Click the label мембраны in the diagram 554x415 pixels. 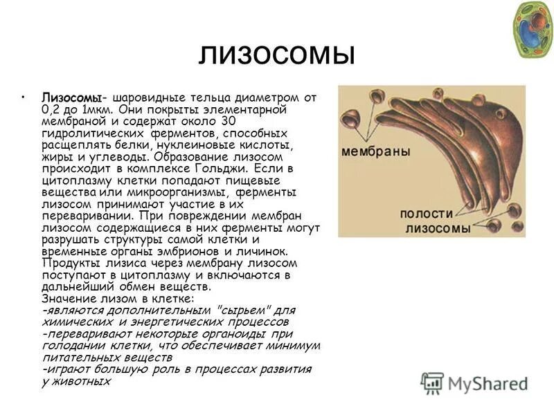click(x=376, y=151)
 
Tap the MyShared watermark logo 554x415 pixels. click(x=474, y=382)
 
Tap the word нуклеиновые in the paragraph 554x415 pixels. click(x=197, y=145)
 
